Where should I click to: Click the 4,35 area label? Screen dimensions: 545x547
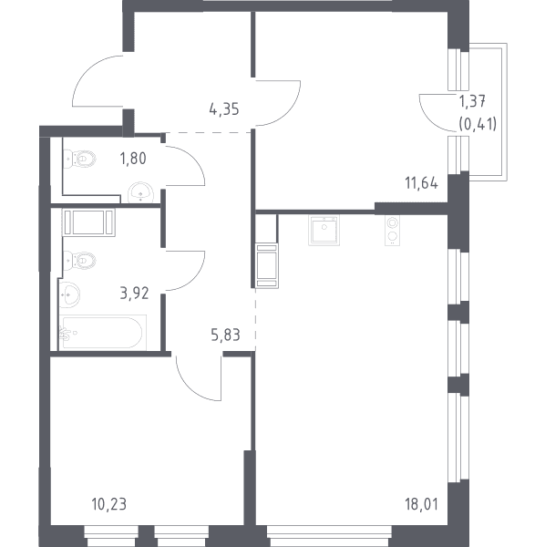click(224, 109)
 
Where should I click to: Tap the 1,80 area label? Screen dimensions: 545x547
click(133, 159)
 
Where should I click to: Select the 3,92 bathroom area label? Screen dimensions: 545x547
click(134, 294)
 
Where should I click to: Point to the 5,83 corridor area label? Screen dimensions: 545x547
click(226, 335)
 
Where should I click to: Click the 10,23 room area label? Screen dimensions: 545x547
click(108, 504)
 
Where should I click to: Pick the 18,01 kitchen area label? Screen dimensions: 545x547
click(421, 504)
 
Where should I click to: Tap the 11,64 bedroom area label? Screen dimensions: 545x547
click(421, 183)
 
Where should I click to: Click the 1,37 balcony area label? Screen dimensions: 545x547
click(472, 101)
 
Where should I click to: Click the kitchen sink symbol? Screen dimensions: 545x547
click(324, 231)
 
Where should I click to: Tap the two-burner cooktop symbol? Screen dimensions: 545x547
click(393, 231)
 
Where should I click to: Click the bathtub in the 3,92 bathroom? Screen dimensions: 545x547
click(103, 333)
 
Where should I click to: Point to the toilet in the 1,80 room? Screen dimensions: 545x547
click(79, 159)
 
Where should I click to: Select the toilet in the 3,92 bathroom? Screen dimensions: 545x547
click(79, 261)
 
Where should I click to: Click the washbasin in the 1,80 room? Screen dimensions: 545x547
click(140, 192)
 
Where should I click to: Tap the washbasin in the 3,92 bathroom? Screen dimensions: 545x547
click(69, 294)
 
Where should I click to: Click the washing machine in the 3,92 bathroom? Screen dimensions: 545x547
click(88, 222)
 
